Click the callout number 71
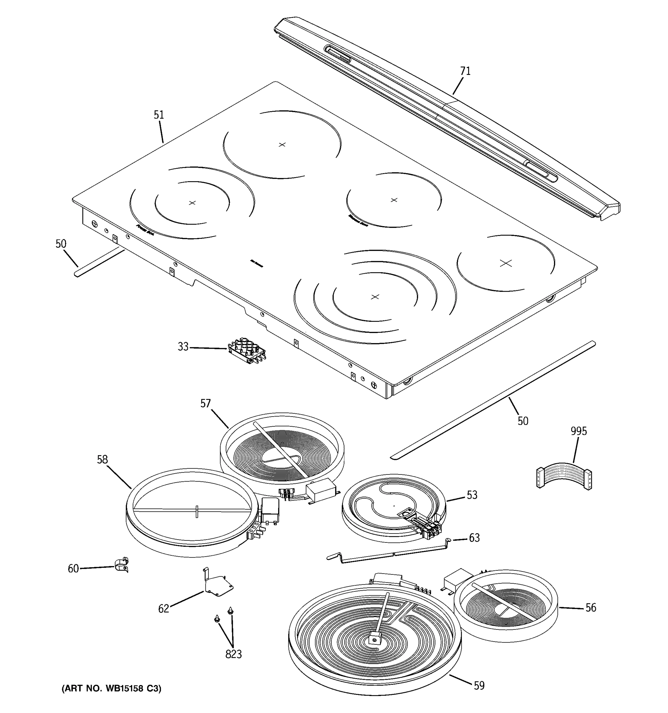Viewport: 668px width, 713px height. pos(465,71)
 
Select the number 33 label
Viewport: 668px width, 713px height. pos(183,347)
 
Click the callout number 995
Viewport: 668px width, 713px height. pos(578,431)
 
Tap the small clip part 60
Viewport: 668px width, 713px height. pos(122,566)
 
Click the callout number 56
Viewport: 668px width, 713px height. pos(591,608)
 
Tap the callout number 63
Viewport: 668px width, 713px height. pos(474,538)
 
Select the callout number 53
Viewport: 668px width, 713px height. pos(472,495)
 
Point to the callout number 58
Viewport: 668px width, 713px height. pos(102,459)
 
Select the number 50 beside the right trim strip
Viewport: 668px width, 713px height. pos(523,421)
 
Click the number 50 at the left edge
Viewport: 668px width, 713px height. pos(61,244)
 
